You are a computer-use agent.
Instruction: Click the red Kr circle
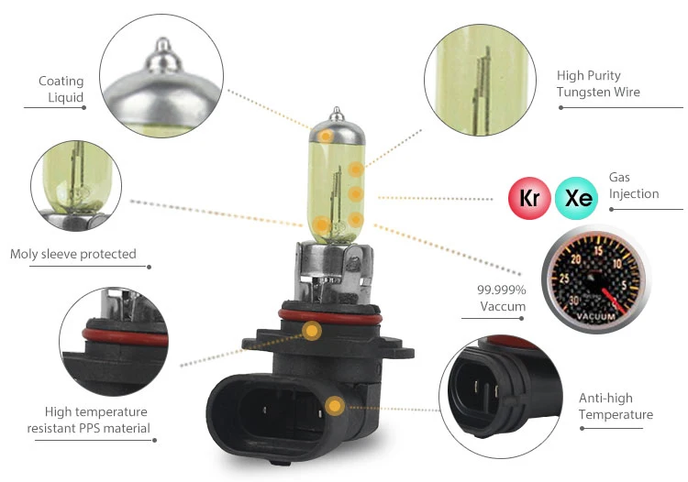[529, 197]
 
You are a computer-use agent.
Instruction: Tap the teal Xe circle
[578, 197]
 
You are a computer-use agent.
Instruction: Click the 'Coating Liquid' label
[61, 90]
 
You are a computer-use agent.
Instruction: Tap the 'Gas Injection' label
[633, 185]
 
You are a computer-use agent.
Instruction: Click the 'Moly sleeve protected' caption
[73, 254]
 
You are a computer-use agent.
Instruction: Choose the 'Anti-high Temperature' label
[616, 407]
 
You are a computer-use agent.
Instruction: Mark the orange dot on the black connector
[335, 405]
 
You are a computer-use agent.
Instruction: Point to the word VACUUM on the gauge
[586, 316]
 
